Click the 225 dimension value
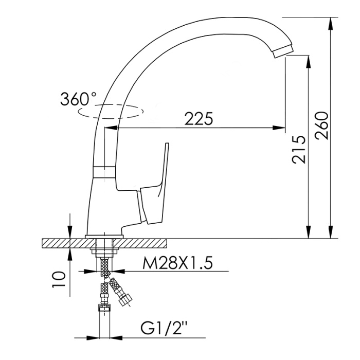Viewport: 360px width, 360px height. click(199, 119)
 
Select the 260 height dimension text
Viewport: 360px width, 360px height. click(322, 125)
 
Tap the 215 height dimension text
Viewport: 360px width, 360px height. click(299, 150)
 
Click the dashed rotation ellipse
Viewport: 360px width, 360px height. click(111, 112)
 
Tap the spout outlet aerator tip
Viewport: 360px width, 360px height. click(283, 51)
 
